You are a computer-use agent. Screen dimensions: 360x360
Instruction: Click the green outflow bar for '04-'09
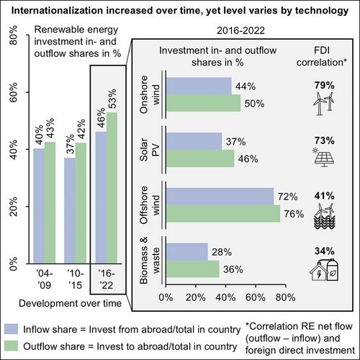pyautogui.click(x=50, y=202)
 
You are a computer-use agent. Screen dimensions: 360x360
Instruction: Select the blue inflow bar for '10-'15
pyautogui.click(x=70, y=210)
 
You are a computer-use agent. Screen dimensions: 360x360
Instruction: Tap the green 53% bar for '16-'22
pyautogui.click(x=112, y=188)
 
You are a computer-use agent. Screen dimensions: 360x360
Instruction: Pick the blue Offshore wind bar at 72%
pyautogui.click(x=220, y=197)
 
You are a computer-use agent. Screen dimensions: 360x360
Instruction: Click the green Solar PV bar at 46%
pyautogui.click(x=200, y=158)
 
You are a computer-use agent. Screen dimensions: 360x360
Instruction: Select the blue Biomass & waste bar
pyautogui.click(x=187, y=251)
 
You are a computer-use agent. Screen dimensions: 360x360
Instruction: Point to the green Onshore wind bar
pyautogui.click(x=203, y=103)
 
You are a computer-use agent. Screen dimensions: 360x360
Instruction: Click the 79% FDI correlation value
pyautogui.click(x=325, y=85)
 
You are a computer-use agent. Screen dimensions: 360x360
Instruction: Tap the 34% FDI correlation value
pyautogui.click(x=325, y=251)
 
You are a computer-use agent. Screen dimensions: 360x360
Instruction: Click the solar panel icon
pyautogui.click(x=323, y=158)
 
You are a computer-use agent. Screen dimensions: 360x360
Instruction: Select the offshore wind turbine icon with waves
pyautogui.click(x=325, y=216)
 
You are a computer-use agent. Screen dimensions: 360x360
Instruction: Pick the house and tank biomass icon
pyautogui.click(x=324, y=269)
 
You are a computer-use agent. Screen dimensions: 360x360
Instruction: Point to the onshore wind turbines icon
pyautogui.click(x=324, y=104)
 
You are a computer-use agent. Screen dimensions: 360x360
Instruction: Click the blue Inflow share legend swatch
pyautogui.click(x=11, y=329)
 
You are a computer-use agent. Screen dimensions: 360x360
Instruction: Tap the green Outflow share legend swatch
pyautogui.click(x=11, y=346)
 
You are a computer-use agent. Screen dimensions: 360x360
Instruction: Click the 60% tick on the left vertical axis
pyautogui.click(x=14, y=92)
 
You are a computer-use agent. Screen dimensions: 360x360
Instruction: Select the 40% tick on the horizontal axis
pyautogui.click(x=225, y=297)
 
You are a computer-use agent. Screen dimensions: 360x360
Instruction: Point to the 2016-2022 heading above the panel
pyautogui.click(x=240, y=31)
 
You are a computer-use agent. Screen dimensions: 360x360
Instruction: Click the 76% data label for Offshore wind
pyautogui.click(x=294, y=214)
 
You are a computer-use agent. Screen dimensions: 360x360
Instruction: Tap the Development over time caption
pyautogui.click(x=70, y=303)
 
